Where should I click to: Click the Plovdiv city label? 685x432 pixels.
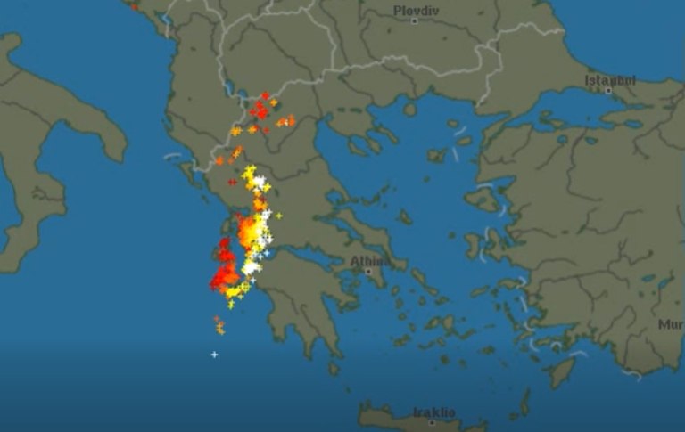(416, 10)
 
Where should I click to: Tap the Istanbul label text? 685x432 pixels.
(611, 79)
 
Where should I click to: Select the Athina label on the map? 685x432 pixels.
(368, 261)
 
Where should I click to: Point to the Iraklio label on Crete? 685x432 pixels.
(434, 412)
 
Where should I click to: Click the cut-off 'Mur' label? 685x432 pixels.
(671, 324)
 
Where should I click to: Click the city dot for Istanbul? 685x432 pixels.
(608, 90)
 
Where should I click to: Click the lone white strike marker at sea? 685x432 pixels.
(214, 355)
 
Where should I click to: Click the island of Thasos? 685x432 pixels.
(409, 109)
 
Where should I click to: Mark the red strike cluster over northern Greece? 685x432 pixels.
(260, 110)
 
